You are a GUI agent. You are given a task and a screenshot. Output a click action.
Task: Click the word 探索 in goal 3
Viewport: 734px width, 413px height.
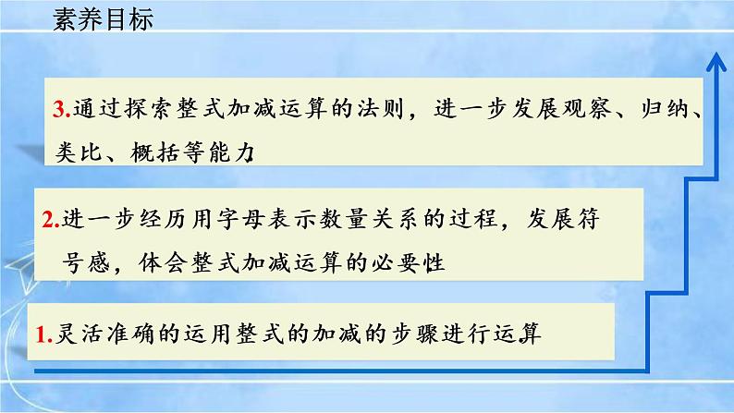(139, 111)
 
